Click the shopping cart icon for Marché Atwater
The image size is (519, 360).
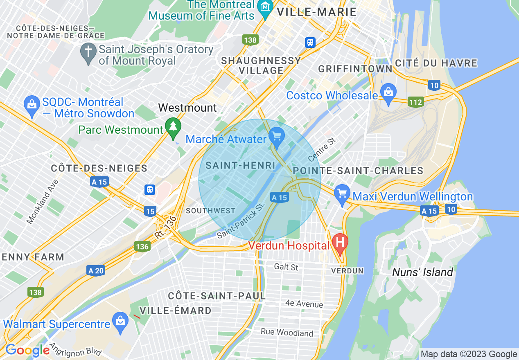point(277,135)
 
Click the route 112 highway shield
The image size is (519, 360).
point(415,102)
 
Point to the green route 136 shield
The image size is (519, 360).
point(142,246)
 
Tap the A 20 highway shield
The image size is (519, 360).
point(96,270)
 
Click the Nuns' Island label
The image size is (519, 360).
point(422,272)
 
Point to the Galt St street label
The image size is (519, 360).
point(286,267)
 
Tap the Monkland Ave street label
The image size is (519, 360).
point(43,202)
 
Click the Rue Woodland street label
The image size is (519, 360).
point(287,332)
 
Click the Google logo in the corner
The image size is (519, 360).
point(27,350)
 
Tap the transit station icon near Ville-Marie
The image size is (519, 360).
point(310,42)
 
